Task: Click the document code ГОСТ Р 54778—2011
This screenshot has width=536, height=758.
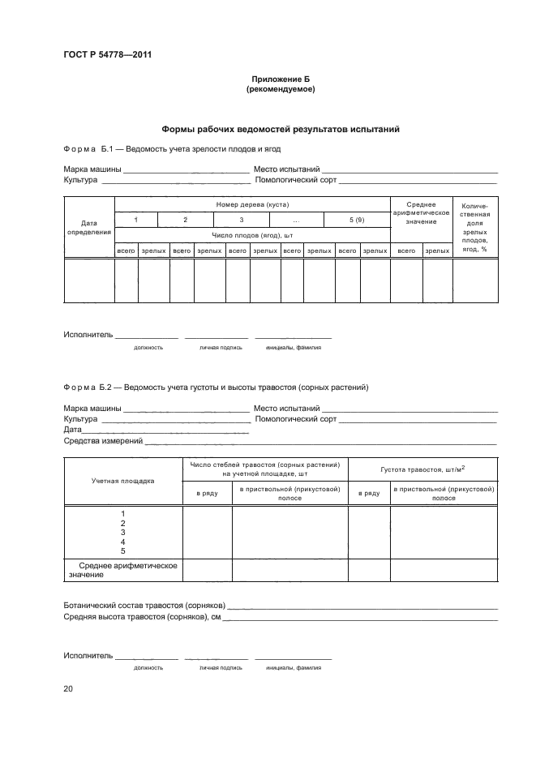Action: [x=108, y=55]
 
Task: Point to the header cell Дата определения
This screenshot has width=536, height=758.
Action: [x=89, y=226]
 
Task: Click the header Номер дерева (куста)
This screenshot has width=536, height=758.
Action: [x=252, y=204]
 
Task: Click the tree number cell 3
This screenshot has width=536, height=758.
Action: [x=241, y=220]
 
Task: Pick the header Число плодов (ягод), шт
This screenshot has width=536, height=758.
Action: [x=252, y=235]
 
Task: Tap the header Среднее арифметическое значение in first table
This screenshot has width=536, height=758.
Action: [x=421, y=212]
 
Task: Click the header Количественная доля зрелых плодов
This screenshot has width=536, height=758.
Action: [x=474, y=228]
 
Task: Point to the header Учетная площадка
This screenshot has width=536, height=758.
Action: [x=122, y=480]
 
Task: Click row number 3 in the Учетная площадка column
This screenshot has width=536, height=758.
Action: [x=122, y=532]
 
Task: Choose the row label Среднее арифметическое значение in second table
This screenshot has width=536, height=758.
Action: [x=122, y=570]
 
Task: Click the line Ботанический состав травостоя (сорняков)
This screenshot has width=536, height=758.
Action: [x=144, y=606]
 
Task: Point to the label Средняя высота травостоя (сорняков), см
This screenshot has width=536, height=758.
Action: [x=142, y=617]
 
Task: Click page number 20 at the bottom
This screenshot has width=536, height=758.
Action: [x=68, y=689]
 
